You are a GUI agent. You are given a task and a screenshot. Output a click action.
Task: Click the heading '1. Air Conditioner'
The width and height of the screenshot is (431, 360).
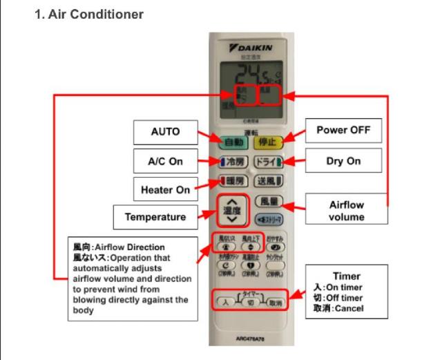89,15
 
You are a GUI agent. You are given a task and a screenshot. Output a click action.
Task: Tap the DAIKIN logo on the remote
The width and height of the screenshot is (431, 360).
251,47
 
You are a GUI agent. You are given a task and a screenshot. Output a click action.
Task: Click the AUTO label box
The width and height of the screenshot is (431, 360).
165,131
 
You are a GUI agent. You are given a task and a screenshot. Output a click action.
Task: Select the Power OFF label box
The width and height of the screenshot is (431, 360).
343,130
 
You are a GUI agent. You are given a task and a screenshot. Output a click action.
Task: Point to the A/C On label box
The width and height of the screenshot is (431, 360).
165,161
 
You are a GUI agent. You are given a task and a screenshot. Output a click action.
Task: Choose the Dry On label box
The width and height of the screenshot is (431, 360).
343,160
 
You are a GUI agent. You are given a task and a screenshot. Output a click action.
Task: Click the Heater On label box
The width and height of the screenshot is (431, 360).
165,189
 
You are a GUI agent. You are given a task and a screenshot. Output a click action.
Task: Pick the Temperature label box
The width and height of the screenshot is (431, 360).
155,217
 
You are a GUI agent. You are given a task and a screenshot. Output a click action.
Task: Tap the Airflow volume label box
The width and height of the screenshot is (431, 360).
346,210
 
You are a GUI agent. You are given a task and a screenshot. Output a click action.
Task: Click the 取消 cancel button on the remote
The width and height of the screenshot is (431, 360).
276,302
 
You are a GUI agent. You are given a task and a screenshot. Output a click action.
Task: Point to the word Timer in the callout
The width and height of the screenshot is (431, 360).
346,276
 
